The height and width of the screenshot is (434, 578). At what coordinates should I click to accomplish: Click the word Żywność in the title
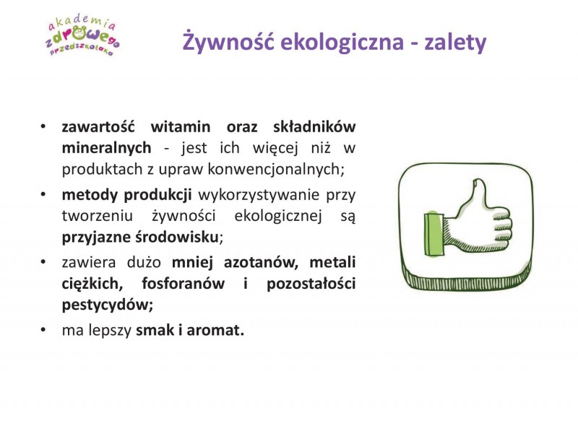[x=228, y=41]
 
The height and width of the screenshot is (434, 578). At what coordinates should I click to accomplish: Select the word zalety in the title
[x=455, y=43]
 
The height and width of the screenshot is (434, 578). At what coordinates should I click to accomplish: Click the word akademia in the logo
[x=82, y=23]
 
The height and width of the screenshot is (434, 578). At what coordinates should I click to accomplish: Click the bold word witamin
[x=181, y=127]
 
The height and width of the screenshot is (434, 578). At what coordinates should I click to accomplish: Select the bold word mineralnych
[x=106, y=149]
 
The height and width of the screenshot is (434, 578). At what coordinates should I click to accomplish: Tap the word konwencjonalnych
[x=276, y=170]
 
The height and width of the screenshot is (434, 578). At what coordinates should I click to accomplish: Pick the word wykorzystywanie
[x=259, y=195]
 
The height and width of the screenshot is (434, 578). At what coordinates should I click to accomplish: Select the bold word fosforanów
[x=184, y=284]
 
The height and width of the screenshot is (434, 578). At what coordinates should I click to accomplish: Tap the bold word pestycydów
[x=107, y=305]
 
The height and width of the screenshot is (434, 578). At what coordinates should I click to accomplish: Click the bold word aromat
[x=215, y=331]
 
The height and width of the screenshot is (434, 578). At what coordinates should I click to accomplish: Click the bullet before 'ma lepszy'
[x=43, y=330]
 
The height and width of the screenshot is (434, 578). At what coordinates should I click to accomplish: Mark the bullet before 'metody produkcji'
[x=43, y=194]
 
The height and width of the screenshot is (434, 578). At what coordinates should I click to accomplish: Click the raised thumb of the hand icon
[x=476, y=195]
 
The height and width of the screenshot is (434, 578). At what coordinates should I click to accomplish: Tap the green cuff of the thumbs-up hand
[x=433, y=234]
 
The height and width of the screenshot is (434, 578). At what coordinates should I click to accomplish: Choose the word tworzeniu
[x=98, y=216]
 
